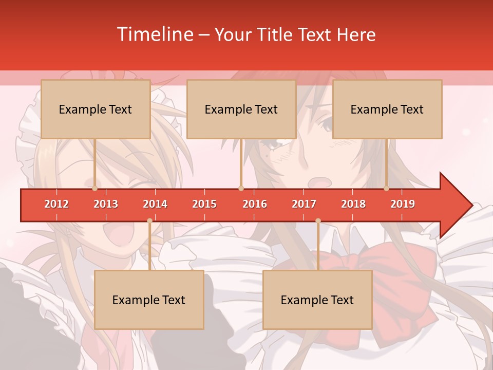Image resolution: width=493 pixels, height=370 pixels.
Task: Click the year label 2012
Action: coord(56,204)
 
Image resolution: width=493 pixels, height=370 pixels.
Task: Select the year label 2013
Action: coord(106,204)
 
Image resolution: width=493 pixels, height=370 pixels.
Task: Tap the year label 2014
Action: coord(155,204)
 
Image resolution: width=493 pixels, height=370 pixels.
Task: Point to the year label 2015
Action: coord(204,204)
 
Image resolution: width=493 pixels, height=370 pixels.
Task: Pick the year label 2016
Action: coord(255,204)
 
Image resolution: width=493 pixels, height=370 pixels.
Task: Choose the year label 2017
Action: coord(304,204)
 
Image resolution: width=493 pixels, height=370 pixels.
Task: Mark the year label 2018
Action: coord(353,204)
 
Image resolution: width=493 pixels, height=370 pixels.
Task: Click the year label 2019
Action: coord(403,204)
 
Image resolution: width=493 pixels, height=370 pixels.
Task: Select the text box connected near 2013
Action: coord(96,109)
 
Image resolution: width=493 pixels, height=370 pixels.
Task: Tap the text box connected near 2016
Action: coord(241,109)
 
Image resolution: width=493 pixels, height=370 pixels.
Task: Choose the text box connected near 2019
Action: coord(387,109)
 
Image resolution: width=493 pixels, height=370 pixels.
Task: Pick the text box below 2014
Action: coord(149,300)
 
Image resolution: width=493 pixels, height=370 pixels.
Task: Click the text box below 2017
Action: coord(317,300)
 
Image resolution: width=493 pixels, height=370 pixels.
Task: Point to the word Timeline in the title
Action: coord(154,34)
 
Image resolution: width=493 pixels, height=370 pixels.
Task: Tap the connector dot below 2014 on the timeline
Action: coord(149,221)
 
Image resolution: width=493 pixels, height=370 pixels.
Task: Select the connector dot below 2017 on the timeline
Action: coord(318,221)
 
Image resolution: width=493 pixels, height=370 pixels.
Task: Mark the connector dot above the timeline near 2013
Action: coord(94,189)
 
